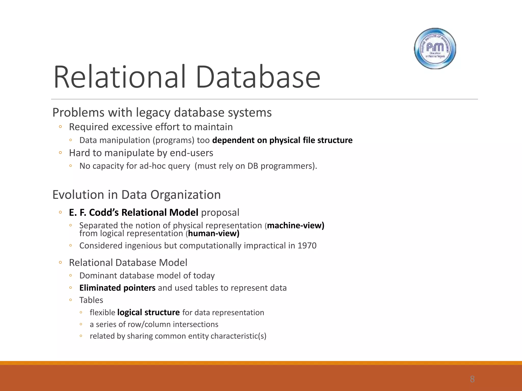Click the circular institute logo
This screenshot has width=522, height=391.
pos(435,48)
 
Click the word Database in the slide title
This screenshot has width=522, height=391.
pos(258,77)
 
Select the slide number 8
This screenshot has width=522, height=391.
pos(472,379)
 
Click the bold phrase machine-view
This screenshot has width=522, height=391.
pos(295,226)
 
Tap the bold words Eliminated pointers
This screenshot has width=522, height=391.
pos(117,288)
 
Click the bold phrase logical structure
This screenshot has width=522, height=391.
pos(148,312)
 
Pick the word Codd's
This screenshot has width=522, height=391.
pos(104,213)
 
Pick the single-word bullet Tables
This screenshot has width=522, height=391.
pos(91,300)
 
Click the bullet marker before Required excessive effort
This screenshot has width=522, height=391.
pos(60,127)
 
